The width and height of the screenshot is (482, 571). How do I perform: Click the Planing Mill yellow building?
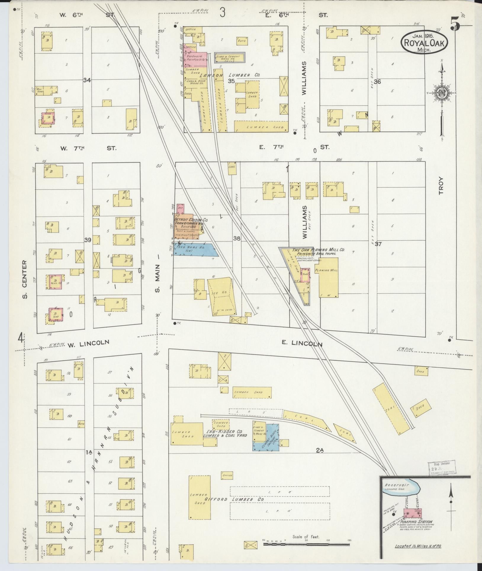click(329, 277)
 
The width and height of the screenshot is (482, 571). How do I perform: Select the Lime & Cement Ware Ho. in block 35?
click(230, 57)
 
